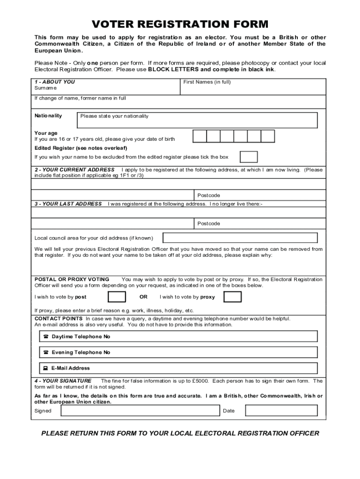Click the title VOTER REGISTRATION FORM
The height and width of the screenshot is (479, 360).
click(180, 24)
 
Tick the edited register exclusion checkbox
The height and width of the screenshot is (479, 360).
click(249, 157)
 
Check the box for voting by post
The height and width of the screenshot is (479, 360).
click(117, 297)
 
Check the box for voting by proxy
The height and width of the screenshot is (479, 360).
click(232, 297)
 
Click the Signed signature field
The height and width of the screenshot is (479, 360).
click(140, 411)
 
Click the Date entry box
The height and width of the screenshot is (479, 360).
click(281, 411)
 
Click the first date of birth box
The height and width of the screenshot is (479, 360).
click(200, 136)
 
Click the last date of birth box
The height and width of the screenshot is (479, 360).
click(268, 136)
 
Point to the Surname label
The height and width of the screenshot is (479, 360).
click(45, 88)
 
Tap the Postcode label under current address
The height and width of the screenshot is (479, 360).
click(209, 196)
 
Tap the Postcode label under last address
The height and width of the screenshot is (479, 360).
click(209, 224)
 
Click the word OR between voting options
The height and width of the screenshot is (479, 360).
click(144, 297)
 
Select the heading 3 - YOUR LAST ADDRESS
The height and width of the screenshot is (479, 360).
click(68, 204)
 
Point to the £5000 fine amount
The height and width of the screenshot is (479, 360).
click(200, 381)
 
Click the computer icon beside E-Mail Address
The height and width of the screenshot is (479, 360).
click(46, 368)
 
